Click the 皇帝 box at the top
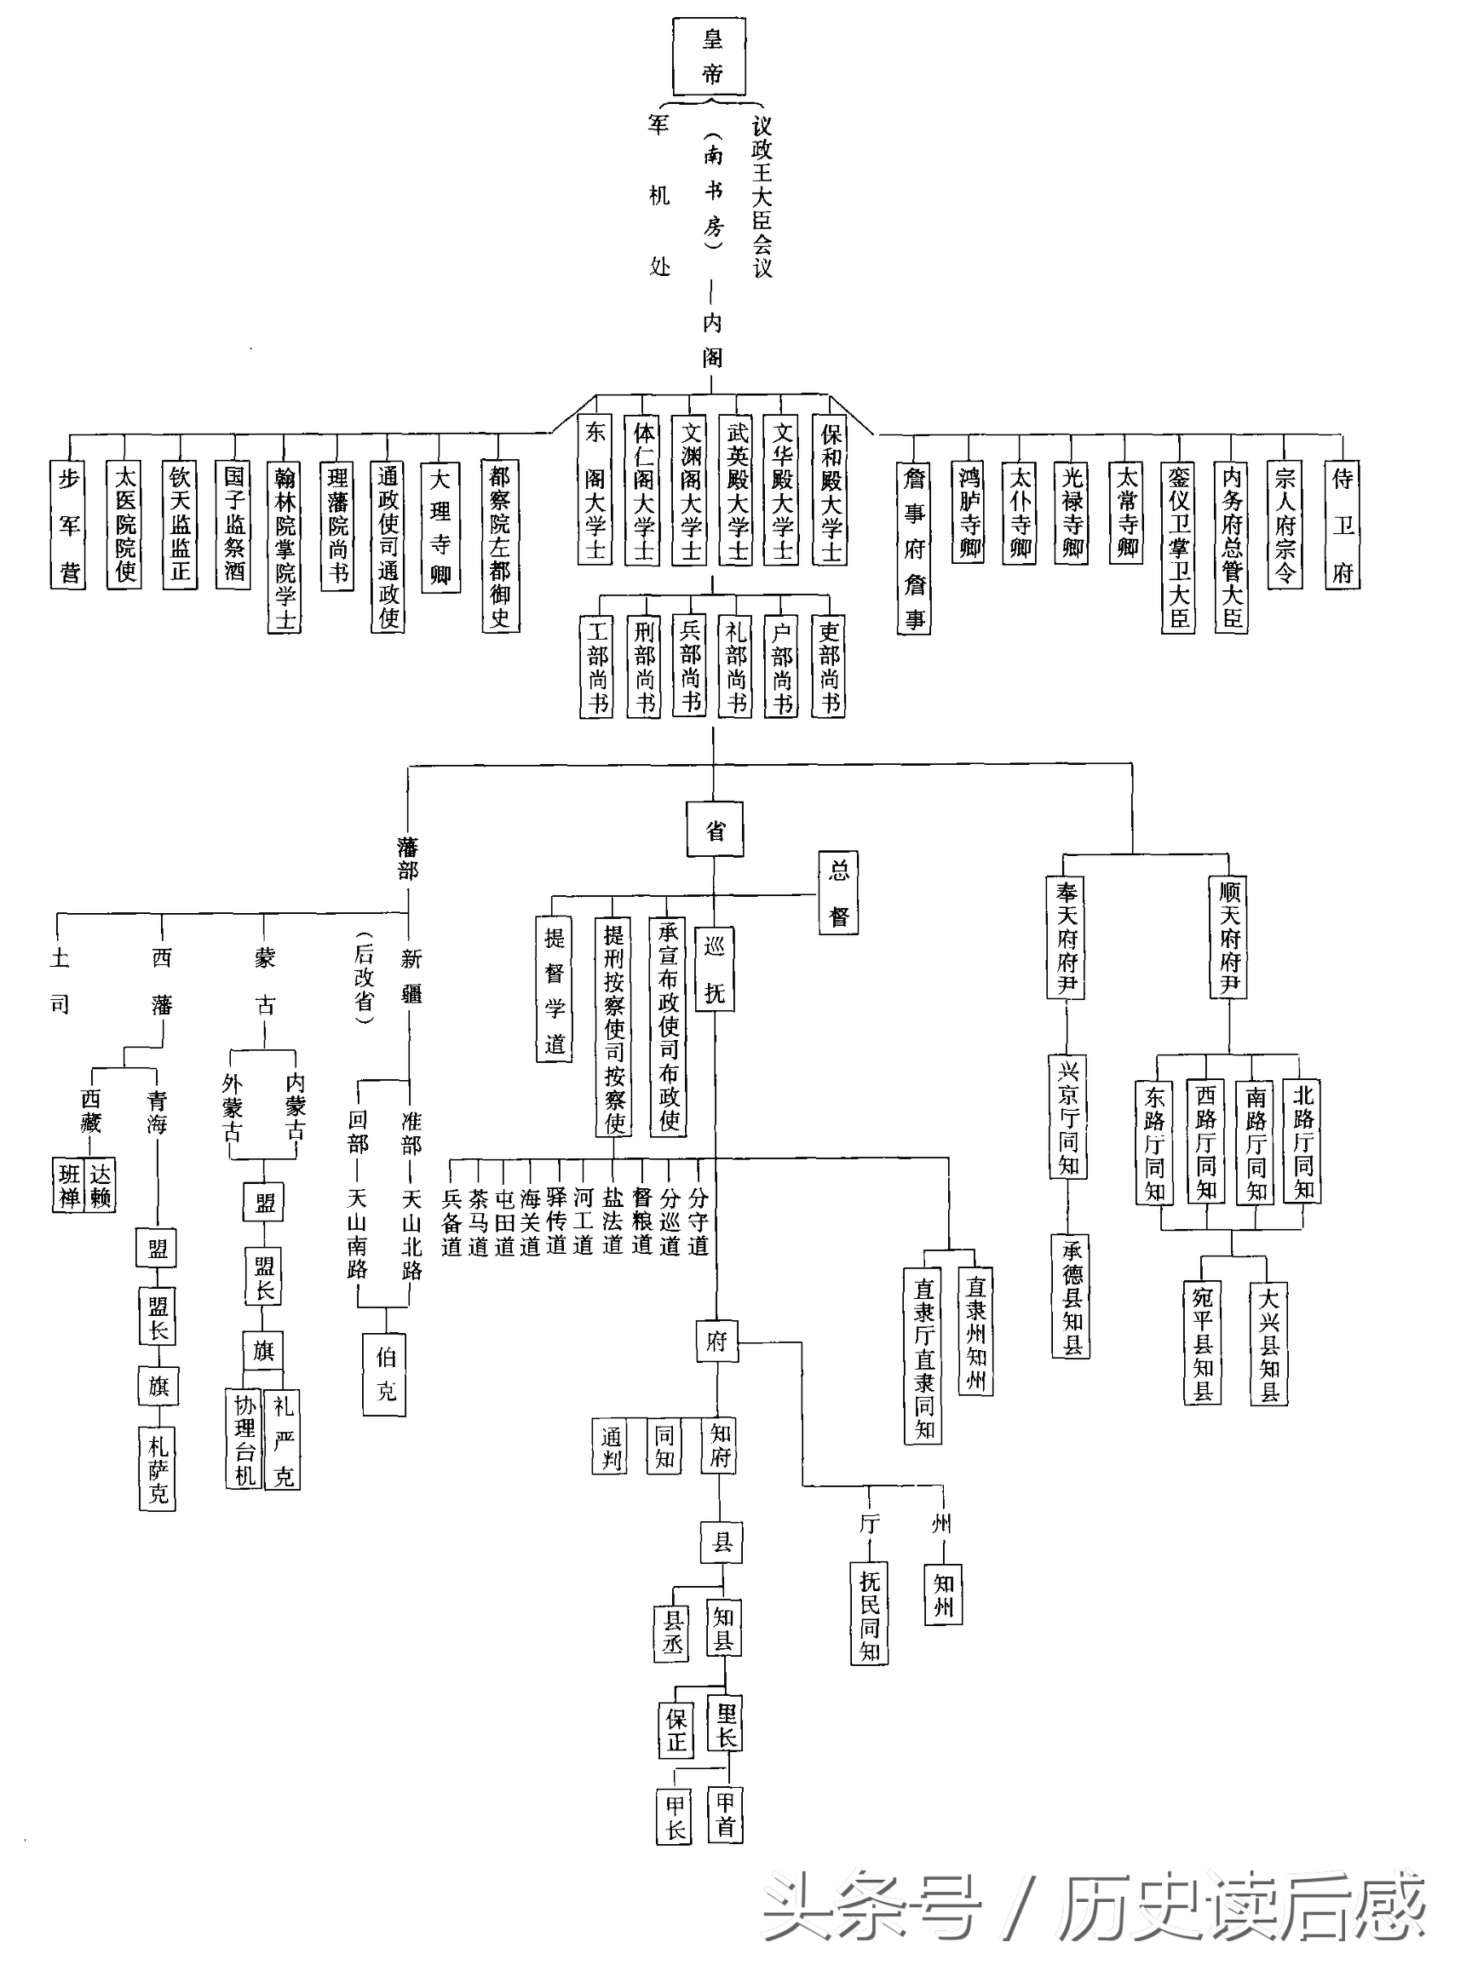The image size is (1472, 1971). pos(710,57)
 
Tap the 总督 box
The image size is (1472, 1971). pos(838,893)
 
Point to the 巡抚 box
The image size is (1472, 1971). pos(715,969)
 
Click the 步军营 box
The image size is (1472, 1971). pos(69,526)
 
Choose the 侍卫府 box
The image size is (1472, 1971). pos(1342,526)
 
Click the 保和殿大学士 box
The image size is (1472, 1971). pos(830,491)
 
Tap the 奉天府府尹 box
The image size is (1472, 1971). pos(1066,939)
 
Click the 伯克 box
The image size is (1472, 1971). pos(385,1374)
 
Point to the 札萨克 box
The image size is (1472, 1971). pos(158,1468)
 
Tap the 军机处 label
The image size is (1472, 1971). pos(658,195)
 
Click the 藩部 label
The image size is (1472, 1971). pos(408,859)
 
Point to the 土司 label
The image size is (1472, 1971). pos(60,982)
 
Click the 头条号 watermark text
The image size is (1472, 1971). pos(871,1909)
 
